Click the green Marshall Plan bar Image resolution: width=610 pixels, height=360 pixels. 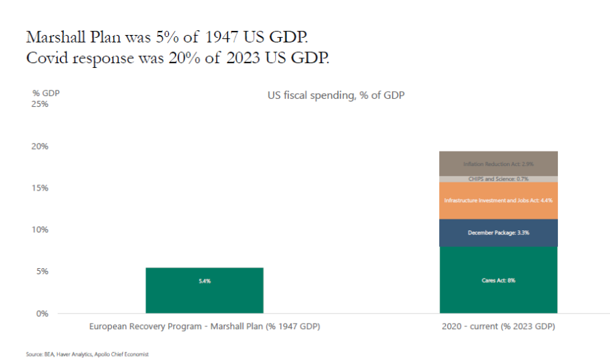(204, 291)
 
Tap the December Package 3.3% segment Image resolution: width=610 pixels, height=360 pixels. (498, 233)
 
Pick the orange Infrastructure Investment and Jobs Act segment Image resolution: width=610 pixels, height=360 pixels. (498, 200)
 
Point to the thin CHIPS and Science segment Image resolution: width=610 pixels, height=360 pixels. (498, 179)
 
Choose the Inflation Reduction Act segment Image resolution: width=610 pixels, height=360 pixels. (498, 164)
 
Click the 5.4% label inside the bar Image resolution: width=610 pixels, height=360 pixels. (204, 281)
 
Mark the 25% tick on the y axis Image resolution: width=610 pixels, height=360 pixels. (40, 104)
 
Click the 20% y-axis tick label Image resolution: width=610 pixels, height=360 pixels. (40, 146)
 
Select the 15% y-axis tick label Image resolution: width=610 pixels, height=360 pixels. (40, 188)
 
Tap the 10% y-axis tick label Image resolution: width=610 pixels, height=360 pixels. (40, 230)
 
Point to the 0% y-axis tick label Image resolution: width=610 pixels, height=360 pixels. (42, 313)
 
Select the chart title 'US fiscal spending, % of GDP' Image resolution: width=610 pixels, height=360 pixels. (336, 95)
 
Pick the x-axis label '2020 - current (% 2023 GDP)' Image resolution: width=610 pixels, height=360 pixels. (499, 327)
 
